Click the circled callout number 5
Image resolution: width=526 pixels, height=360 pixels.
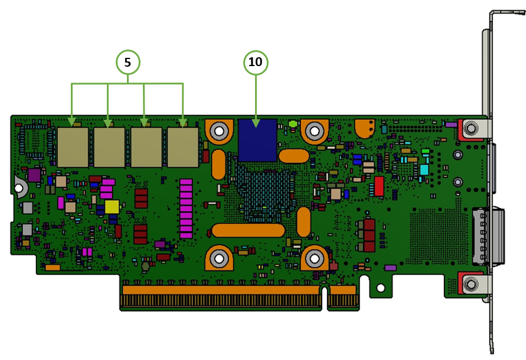[128, 62]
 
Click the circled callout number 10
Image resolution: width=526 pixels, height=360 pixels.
[256, 62]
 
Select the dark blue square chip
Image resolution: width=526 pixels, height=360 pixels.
[257, 140]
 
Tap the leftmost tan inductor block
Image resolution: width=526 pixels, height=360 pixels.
[73, 147]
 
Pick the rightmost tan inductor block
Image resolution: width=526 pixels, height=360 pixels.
[183, 147]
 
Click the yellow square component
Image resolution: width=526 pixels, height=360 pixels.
[112, 207]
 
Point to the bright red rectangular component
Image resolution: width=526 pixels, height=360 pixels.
[379, 186]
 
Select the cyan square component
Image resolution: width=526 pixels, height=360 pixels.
[424, 170]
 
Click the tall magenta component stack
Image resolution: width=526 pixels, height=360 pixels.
[186, 209]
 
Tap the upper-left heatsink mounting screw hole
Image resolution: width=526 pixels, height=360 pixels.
[219, 131]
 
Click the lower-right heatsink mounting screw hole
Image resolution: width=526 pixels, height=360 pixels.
[314, 258]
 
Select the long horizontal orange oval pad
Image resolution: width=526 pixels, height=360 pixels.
[248, 231]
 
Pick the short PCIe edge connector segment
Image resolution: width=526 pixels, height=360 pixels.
[342, 296]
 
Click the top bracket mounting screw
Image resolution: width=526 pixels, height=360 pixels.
[471, 128]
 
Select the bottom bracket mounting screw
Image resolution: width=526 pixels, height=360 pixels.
[471, 284]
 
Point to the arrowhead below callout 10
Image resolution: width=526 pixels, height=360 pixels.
[256, 123]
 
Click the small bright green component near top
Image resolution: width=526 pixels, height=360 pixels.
[293, 124]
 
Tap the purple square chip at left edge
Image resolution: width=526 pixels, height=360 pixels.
[34, 175]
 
